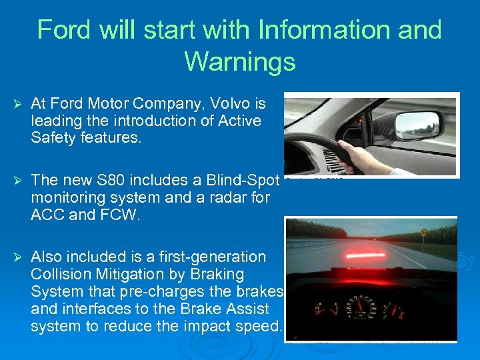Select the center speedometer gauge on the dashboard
click(x=360, y=308)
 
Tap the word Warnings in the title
click(x=240, y=61)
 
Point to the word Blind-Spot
click(x=244, y=180)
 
